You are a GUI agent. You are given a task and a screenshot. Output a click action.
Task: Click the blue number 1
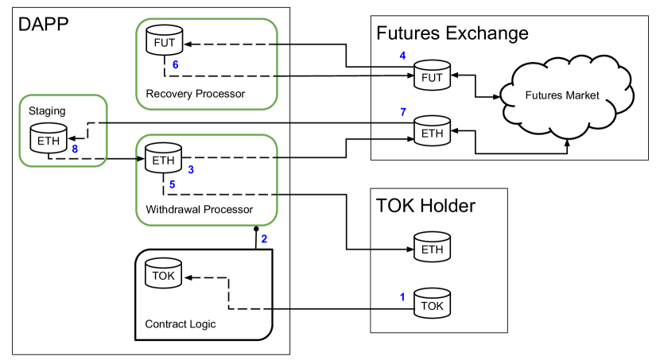pos(402,297)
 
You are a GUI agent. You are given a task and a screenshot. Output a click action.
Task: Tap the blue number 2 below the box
pos(264,239)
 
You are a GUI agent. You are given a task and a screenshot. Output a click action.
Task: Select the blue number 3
pos(191,170)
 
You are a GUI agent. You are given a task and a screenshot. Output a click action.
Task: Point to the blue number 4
pos(402,56)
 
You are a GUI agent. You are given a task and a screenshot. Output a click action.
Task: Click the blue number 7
pos(403,112)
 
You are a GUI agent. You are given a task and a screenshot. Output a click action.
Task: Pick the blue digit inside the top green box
pos(175,65)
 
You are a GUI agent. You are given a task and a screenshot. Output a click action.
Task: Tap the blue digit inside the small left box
pos(75,149)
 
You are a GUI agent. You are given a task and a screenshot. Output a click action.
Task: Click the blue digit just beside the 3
pos(172,184)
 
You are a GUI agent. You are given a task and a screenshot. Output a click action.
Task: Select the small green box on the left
pos(63,131)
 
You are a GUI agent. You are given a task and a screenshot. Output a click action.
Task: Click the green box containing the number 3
pos(207,180)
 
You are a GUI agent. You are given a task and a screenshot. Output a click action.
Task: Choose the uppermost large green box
pos(207,64)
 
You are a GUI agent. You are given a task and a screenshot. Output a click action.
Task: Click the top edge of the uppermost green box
pos(207,19)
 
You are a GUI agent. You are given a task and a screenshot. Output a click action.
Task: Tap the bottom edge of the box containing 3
pos(207,225)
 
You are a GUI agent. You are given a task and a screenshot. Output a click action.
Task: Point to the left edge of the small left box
pos(20,131)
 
